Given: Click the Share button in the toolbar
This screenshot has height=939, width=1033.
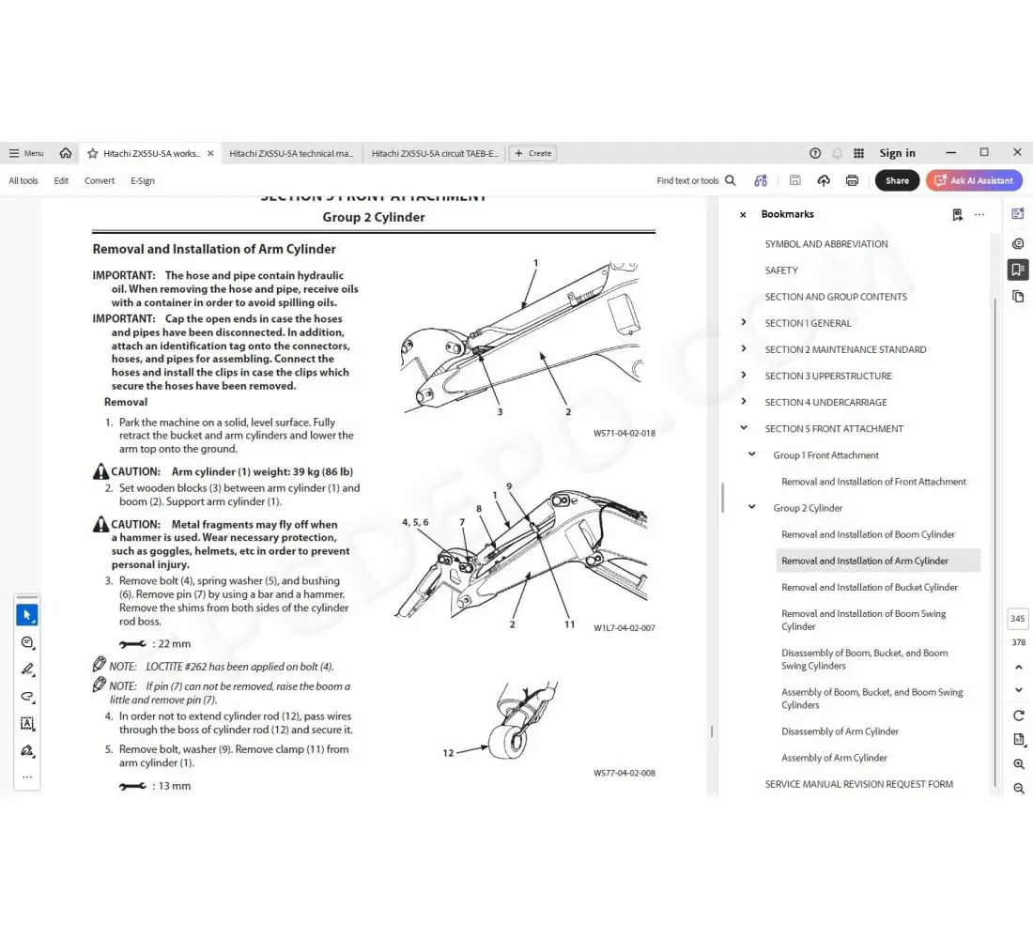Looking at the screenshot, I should point(897,180).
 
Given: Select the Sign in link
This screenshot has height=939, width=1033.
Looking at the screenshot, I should point(897,153).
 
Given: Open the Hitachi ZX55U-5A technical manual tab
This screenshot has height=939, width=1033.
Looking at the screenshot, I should point(291,153).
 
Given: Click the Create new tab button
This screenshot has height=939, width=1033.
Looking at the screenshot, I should point(532,153).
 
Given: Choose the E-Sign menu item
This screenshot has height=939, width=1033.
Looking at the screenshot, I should point(143,180).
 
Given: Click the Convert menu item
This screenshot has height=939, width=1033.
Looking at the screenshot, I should point(100,180).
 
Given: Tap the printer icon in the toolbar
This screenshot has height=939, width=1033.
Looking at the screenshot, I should point(852,180).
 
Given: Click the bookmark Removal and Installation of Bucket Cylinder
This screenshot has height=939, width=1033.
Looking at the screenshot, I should point(869,587).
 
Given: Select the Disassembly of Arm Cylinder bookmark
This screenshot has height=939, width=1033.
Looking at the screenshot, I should point(840,731).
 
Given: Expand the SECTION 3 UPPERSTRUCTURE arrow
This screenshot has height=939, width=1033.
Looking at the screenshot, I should point(744,376).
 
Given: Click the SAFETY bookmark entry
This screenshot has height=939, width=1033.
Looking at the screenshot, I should point(780,270).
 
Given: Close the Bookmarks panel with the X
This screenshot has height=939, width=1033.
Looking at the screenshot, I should point(743,215).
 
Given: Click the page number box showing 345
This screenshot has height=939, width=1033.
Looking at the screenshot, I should point(1017,619).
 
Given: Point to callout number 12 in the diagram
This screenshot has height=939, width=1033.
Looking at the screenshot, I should point(448,752).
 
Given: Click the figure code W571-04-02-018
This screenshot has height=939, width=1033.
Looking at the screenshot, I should point(624,434).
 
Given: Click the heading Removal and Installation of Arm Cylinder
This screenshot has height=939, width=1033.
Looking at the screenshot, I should point(213,249).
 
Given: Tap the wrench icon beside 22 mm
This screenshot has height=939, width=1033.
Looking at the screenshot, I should point(132,644).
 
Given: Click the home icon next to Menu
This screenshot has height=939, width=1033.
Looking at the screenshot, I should point(66,153).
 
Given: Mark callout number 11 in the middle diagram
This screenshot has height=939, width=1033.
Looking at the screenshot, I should point(569,624).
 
